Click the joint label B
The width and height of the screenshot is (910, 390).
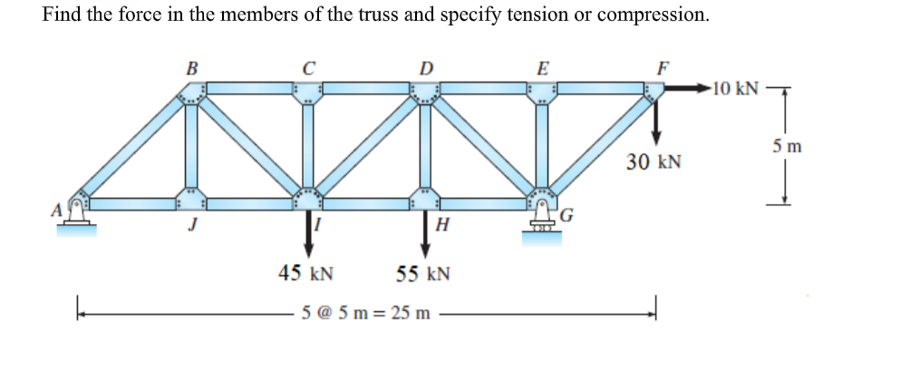(x=191, y=69)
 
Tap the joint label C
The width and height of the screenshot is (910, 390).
(x=309, y=69)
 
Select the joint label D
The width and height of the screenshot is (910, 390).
(x=427, y=69)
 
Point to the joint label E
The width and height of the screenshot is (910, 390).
(x=543, y=69)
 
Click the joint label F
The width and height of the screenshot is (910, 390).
(x=661, y=69)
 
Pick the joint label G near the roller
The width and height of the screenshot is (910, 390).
(x=567, y=217)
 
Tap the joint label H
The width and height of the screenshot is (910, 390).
(x=441, y=225)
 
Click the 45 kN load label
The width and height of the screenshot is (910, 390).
(x=305, y=273)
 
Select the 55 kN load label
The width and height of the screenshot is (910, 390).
(x=423, y=273)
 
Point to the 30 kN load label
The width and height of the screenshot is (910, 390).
(x=653, y=161)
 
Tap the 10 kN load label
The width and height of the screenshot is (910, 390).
(x=735, y=89)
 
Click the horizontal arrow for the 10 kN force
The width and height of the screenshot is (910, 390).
(x=688, y=89)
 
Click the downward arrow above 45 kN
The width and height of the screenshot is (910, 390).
(x=309, y=234)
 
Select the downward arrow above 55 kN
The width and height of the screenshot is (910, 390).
(x=426, y=234)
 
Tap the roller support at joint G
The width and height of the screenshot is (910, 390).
(x=541, y=222)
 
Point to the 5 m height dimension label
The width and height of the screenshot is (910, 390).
(x=786, y=147)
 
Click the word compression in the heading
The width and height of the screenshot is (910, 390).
(x=653, y=15)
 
